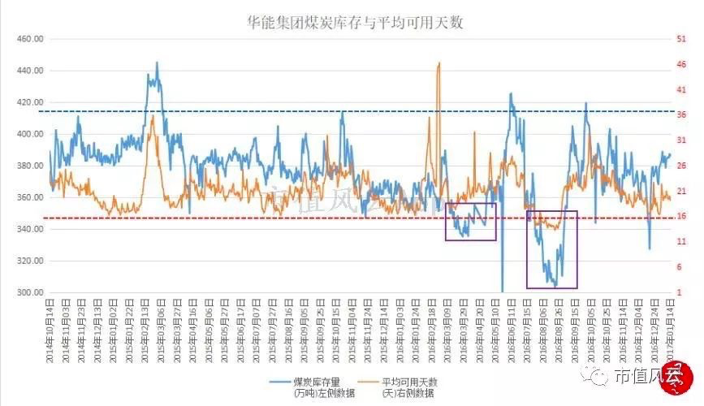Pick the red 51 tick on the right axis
click(680, 39)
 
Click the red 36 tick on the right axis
click(680, 114)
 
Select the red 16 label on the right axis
click(680, 216)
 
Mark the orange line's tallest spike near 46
click(439, 63)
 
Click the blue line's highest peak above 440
click(157, 63)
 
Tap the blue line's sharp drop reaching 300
click(502, 290)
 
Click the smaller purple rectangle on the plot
click(470, 222)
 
